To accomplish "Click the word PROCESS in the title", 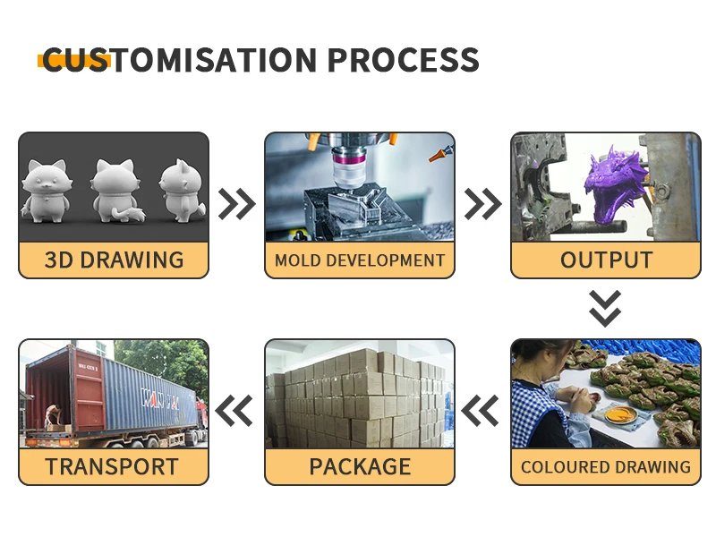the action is tap(404, 60).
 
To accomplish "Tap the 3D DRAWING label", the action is tap(114, 260).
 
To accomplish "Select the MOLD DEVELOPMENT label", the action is tap(360, 260).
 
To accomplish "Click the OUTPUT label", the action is tap(606, 260).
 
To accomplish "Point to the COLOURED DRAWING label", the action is tap(606, 466).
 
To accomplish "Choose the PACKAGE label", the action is tap(360, 466).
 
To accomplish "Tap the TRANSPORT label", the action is tap(112, 466).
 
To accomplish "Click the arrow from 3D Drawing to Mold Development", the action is tap(237, 204).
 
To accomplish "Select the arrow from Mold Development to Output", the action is tap(482, 204).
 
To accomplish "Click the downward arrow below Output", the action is tap(605, 309).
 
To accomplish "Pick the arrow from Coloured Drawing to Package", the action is tap(480, 411).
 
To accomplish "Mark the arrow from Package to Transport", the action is tap(234, 411).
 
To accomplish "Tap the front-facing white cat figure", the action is tap(46, 191).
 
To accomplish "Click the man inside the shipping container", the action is tap(54, 415).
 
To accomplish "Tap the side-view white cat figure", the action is tap(183, 191).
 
